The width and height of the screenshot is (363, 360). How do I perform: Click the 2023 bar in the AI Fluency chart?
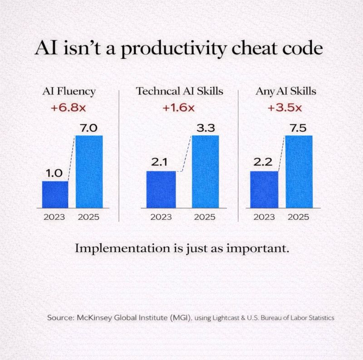point(55,195)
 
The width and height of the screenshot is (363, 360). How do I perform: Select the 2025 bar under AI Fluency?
point(89,172)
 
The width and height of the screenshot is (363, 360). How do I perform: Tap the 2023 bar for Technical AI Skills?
point(161,190)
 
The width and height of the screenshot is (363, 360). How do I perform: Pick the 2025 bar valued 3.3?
point(205,172)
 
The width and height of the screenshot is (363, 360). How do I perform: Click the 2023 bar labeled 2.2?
point(264,190)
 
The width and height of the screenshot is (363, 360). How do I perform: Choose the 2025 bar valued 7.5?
point(299,172)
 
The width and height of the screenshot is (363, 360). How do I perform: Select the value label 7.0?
point(88,128)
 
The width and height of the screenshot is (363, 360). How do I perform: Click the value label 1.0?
point(54,174)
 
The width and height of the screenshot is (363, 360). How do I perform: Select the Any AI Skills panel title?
point(286,91)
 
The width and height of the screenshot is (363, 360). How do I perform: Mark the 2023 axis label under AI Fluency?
point(54,217)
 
